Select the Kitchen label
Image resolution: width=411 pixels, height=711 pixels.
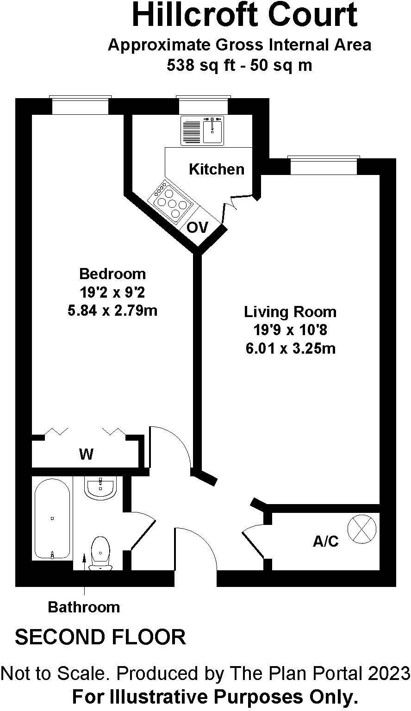217,169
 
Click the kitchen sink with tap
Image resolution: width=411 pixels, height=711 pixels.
213,130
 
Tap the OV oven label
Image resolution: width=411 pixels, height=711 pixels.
198,227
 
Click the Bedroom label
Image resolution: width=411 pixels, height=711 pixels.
112,274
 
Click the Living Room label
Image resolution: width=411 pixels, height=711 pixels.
290,312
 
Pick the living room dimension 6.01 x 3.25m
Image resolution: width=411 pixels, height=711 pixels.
290,348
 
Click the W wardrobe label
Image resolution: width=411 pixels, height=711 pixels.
86,455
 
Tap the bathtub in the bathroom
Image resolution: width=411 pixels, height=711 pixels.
52,518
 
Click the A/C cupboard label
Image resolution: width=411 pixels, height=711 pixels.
326,542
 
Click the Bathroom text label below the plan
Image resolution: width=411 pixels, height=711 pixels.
84,607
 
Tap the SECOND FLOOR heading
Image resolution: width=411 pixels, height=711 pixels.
100,637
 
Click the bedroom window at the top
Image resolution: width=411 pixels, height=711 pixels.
80,106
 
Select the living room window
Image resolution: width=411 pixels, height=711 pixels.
324,166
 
